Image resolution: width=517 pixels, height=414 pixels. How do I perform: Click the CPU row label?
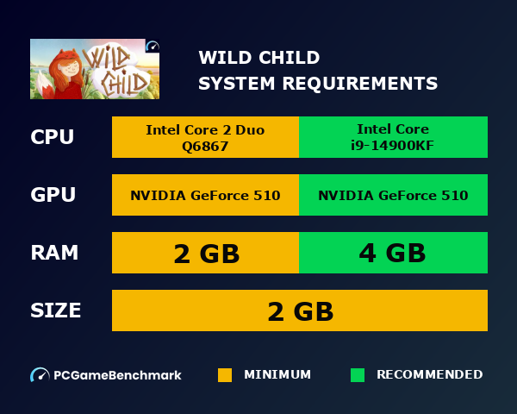coord(53,137)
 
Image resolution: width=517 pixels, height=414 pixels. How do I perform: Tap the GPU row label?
coord(53,195)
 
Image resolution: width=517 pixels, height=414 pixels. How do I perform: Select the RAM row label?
coord(54,253)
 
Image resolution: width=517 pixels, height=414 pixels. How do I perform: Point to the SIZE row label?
coord(56,310)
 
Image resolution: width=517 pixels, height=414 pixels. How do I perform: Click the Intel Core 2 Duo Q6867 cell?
coord(205,137)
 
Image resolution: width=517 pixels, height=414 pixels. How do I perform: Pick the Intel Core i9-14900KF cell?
coord(394,137)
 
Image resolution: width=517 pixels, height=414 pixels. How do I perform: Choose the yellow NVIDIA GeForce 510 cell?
coord(205,195)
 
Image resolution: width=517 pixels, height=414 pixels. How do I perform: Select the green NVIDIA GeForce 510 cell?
coord(394,195)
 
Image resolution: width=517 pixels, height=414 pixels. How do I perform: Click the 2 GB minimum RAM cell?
coord(205,253)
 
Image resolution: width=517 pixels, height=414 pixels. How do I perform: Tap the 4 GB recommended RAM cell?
coord(394,253)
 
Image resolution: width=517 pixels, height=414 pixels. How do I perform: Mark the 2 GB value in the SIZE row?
coord(300,310)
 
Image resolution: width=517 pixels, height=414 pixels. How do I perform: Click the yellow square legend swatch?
coord(225,375)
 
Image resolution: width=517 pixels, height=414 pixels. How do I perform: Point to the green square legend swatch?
coord(358,375)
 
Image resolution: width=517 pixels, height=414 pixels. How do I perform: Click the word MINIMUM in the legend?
coord(277,375)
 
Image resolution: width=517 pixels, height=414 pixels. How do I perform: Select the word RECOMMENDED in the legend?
coord(429,375)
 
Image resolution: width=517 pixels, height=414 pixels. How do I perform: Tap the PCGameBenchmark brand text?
coord(117,375)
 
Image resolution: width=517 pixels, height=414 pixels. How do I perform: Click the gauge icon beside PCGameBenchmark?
coord(40,375)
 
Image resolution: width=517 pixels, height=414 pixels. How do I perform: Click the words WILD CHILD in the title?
coord(259,58)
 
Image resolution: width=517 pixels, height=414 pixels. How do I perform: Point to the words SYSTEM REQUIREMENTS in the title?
coord(318,84)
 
